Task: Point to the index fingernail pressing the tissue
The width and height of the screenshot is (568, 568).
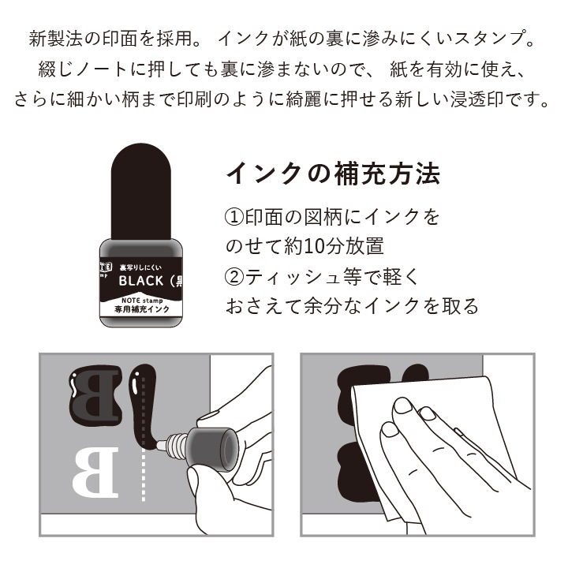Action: tap(404, 407)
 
